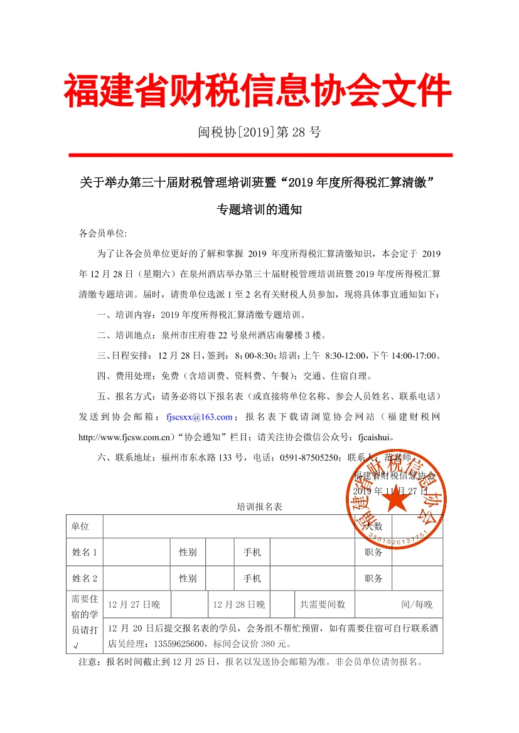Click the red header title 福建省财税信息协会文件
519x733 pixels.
(258, 92)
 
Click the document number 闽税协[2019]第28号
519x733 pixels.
(259, 132)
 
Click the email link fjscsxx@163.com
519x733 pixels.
(200, 416)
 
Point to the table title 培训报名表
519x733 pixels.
(260, 507)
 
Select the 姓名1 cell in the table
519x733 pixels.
(84, 552)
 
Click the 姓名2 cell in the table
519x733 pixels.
(84, 578)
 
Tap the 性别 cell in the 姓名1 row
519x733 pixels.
(188, 552)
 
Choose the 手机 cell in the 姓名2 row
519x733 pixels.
(252, 578)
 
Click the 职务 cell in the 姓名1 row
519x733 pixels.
(373, 552)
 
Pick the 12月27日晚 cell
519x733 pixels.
(134, 604)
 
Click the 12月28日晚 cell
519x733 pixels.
(239, 604)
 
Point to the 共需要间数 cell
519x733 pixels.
(323, 604)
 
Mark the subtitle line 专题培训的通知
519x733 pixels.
(259, 210)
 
